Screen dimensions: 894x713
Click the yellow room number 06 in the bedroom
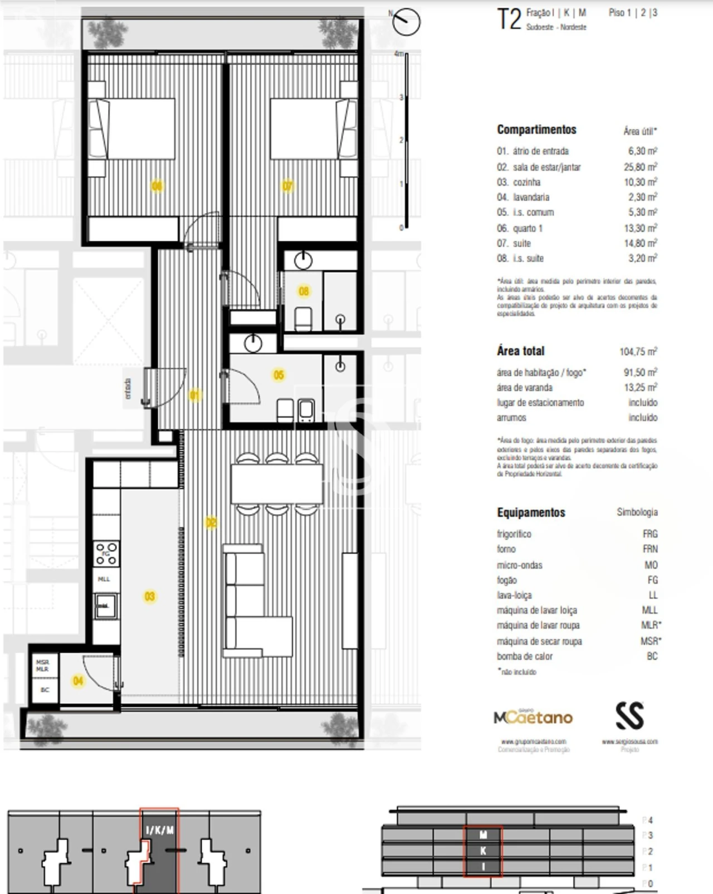click(157, 185)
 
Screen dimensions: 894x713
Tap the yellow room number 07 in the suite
click(287, 185)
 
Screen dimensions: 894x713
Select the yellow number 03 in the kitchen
click(150, 597)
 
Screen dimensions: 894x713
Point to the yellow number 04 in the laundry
click(78, 681)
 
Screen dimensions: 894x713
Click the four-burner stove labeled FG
click(106, 554)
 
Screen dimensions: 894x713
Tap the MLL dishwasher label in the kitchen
click(104, 579)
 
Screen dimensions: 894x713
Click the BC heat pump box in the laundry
click(45, 690)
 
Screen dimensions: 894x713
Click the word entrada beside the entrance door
click(128, 388)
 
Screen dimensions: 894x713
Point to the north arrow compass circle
click(407, 22)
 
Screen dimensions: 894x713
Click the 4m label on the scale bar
click(398, 54)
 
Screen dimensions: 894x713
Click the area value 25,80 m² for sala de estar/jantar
click(640, 167)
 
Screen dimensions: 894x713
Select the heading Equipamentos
click(531, 512)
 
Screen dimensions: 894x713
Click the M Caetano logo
click(533, 717)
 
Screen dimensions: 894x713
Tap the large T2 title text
click(509, 19)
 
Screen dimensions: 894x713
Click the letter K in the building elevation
click(483, 851)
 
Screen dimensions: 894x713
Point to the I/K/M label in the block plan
click(160, 830)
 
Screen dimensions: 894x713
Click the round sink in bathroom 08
click(304, 260)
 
